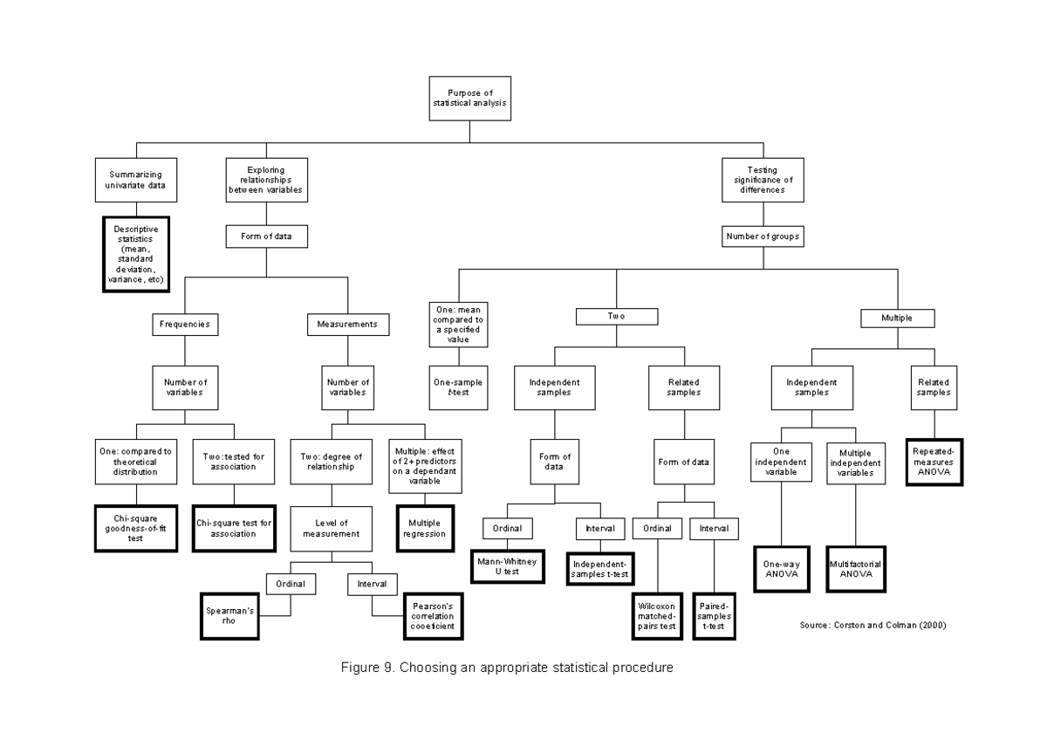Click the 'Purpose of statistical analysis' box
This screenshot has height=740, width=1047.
[469, 98]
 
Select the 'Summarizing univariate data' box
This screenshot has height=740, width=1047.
[135, 180]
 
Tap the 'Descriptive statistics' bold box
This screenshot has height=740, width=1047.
[135, 254]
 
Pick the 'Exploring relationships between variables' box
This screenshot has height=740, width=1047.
[266, 180]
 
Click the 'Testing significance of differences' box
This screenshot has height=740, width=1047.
[763, 180]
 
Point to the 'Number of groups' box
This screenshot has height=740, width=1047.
[763, 236]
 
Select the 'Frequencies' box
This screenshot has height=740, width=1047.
[184, 324]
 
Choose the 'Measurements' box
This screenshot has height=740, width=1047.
[348, 324]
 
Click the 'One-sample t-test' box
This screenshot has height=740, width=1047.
[458, 387]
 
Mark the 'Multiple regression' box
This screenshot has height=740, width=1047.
[425, 528]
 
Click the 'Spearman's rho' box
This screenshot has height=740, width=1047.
[229, 616]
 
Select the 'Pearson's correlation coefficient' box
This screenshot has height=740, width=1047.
[432, 616]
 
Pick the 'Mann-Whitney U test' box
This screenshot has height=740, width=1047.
[506, 566]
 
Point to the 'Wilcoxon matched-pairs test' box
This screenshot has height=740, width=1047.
[656, 615]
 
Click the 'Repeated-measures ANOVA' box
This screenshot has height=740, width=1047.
[934, 461]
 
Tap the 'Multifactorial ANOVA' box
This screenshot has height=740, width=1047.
[855, 569]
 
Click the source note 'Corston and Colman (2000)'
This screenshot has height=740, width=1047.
[872, 626]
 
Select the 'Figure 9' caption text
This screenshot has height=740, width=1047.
[507, 668]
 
